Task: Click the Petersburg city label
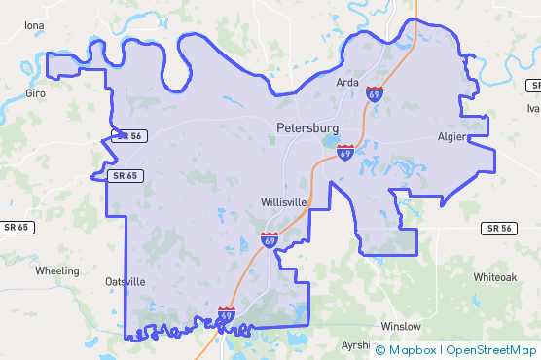pos(307,127)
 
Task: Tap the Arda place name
pos(347,83)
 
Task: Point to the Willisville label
pos(284,202)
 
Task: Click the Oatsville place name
pos(125,281)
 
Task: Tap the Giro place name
pos(36,93)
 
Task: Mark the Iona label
pos(34,24)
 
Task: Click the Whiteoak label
pos(495,277)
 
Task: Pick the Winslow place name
pos(401,326)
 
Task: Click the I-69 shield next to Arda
pos(375,94)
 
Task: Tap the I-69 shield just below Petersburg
pos(345,152)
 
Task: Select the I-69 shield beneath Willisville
pos(269,239)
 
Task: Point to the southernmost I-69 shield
pos(226,315)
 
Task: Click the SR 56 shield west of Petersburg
pos(128,136)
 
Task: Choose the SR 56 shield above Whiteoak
pos(497,228)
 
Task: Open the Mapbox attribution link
pos(412,350)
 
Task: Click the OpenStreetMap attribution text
pos(491,350)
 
